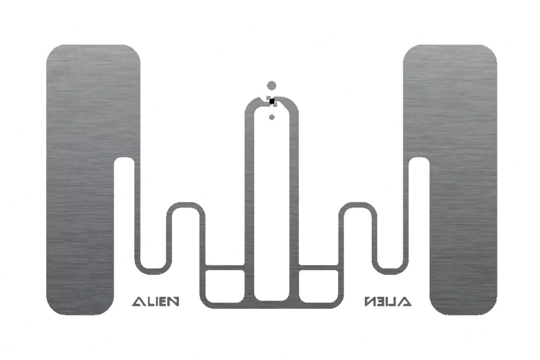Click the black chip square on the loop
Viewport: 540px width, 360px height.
pos(272,101)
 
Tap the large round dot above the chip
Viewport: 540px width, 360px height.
pos(271,86)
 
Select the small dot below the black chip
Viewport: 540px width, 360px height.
pos(272,117)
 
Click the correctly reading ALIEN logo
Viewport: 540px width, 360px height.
pos(156,301)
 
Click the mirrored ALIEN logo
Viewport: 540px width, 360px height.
pos(388,301)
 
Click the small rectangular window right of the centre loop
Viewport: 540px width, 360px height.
pos(319,286)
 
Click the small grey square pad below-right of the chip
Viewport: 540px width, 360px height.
pos(275,105)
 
